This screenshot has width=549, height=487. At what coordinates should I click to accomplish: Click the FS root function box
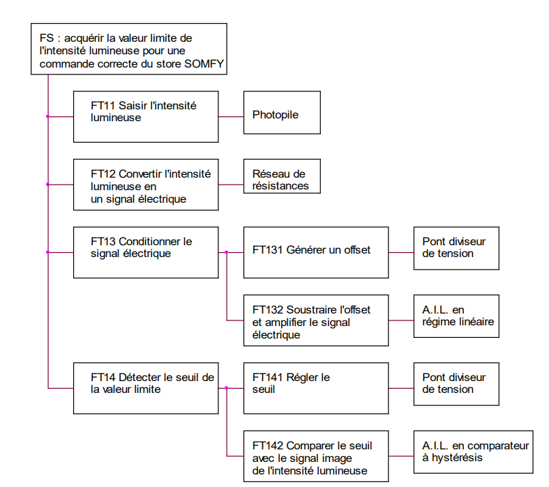coord(129,49)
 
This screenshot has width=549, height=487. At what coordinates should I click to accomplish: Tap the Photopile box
coord(282,113)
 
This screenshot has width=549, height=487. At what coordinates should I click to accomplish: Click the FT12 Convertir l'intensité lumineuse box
coord(146,185)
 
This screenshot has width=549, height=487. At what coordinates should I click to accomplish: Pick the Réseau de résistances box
coord(282,178)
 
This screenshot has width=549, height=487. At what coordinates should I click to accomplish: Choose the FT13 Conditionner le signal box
coord(146,252)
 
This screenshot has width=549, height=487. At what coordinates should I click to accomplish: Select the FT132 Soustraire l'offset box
coord(315,320)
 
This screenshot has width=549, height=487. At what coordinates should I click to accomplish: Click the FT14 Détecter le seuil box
coord(146,388)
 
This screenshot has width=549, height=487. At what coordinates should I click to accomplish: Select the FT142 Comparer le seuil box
coord(315,456)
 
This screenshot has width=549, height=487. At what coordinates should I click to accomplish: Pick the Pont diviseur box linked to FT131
coord(456,248)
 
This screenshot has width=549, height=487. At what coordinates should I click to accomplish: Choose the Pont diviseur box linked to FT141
coord(456,384)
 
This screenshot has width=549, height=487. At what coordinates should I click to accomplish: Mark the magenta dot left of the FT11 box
coord(47,116)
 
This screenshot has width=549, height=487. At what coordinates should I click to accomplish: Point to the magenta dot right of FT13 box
coord(226,252)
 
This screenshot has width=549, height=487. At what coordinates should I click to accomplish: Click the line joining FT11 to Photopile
coord(230,116)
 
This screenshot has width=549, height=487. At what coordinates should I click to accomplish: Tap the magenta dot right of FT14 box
coord(226,388)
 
